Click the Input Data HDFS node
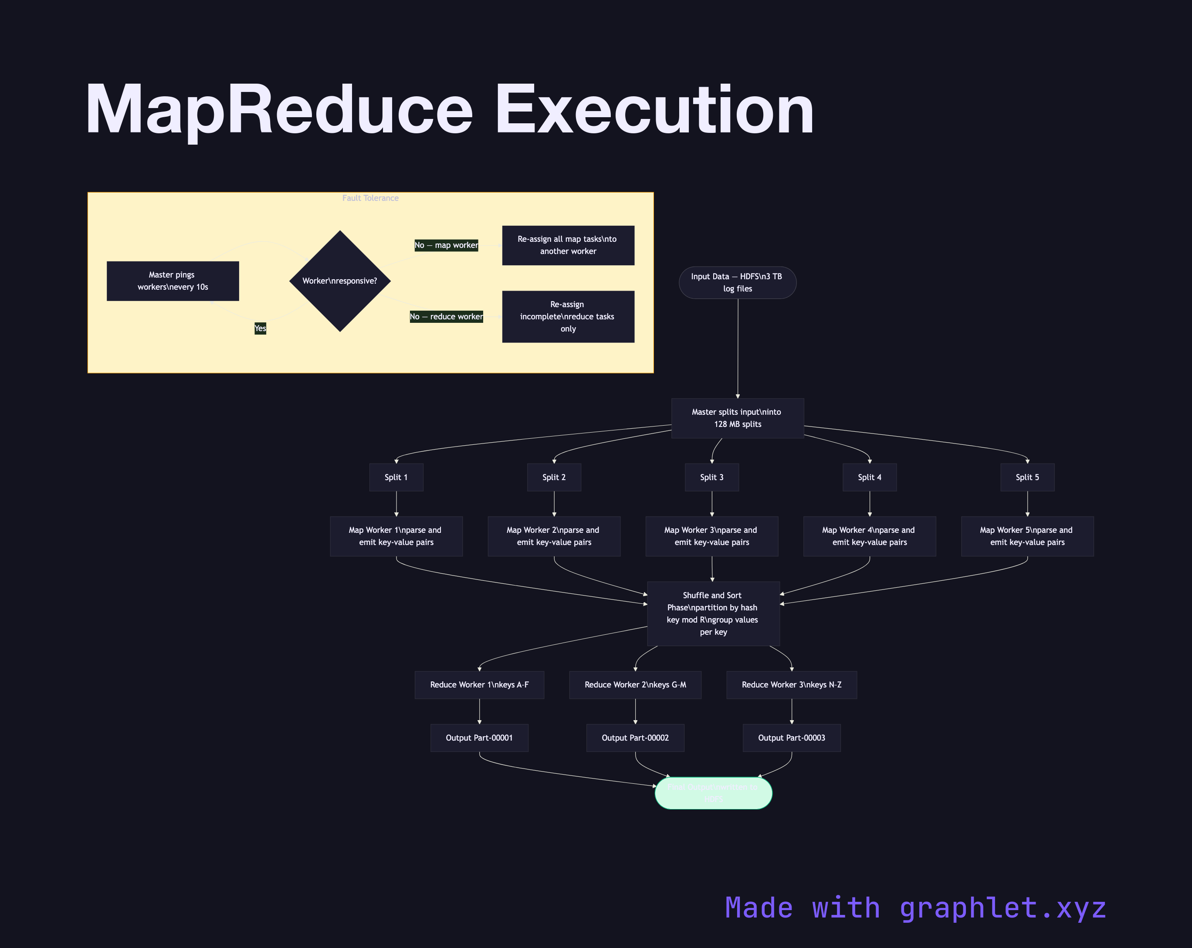click(737, 282)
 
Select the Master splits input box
click(737, 418)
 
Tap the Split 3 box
click(711, 477)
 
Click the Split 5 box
click(1027, 477)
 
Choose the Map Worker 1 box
click(396, 536)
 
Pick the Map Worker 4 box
click(869, 536)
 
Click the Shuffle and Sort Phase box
click(713, 613)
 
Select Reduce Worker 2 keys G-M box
click(635, 685)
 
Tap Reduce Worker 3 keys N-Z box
click(791, 685)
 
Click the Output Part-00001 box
click(479, 738)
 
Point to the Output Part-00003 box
click(791, 738)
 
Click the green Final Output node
click(713, 793)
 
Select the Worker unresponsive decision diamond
click(340, 281)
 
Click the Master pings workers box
click(173, 281)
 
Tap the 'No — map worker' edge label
click(446, 245)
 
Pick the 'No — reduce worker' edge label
click(446, 317)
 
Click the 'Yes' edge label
click(260, 328)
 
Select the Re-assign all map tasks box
click(568, 245)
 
